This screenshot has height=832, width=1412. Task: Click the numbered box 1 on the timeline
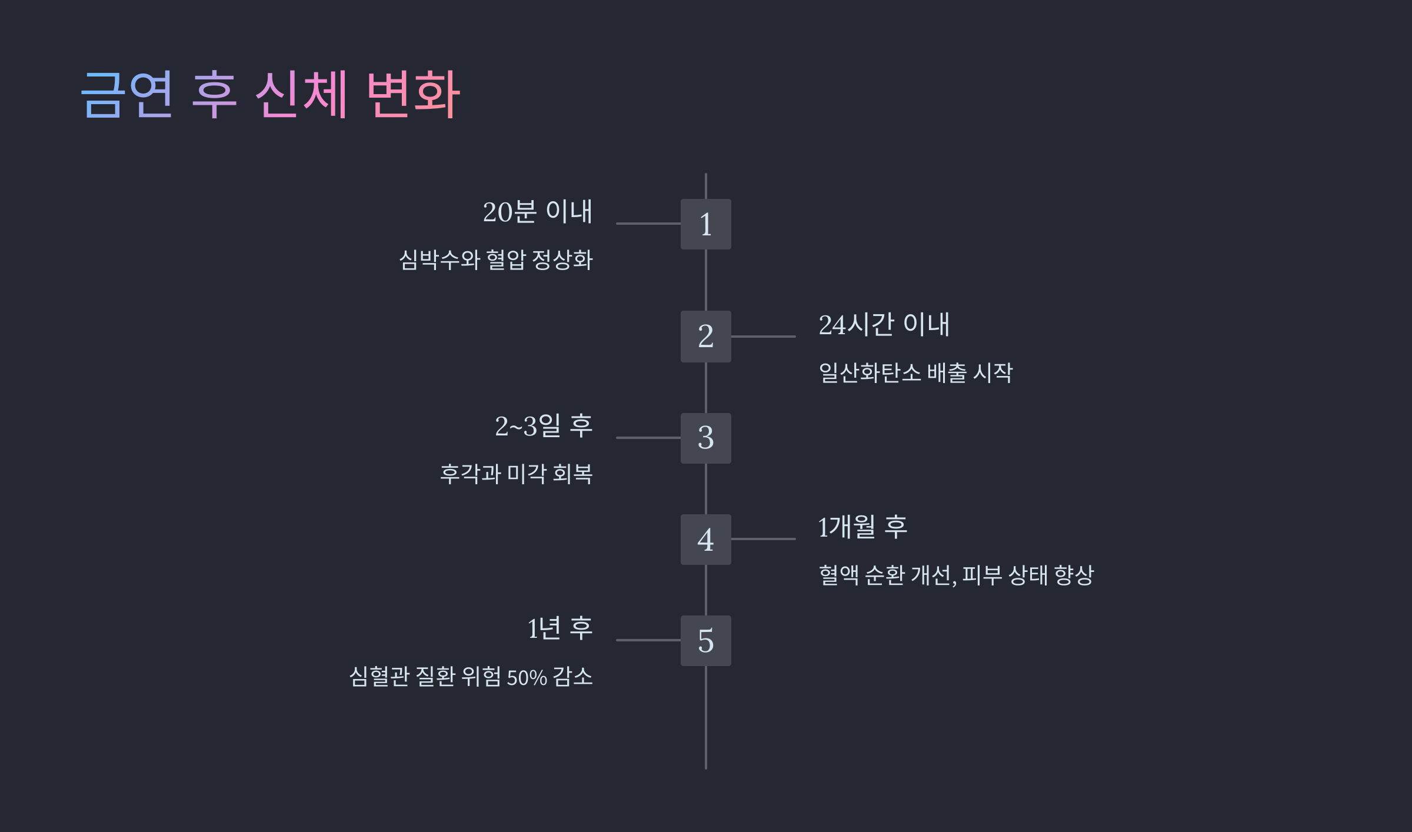click(705, 224)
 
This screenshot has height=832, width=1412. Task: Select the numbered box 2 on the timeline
click(705, 337)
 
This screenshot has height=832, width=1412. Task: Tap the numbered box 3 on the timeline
click(705, 438)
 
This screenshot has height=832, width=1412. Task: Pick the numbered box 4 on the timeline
click(705, 540)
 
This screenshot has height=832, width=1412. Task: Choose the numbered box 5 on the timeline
click(705, 641)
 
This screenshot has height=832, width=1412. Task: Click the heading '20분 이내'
click(537, 212)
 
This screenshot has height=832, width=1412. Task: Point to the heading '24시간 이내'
click(884, 325)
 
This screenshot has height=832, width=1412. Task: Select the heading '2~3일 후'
click(543, 426)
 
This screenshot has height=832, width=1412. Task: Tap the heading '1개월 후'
click(862, 527)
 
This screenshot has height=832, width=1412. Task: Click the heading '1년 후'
click(560, 628)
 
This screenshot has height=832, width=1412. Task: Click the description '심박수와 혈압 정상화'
click(495, 260)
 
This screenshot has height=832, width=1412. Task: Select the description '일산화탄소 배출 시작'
click(915, 373)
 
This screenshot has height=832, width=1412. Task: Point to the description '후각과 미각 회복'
click(516, 474)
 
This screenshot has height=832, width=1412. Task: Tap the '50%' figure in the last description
click(527, 678)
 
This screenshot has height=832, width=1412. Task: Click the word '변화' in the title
click(413, 94)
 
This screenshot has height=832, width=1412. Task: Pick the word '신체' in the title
click(302, 94)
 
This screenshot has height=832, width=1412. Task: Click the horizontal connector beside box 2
click(763, 337)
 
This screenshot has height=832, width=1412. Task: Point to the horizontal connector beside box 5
click(648, 640)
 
